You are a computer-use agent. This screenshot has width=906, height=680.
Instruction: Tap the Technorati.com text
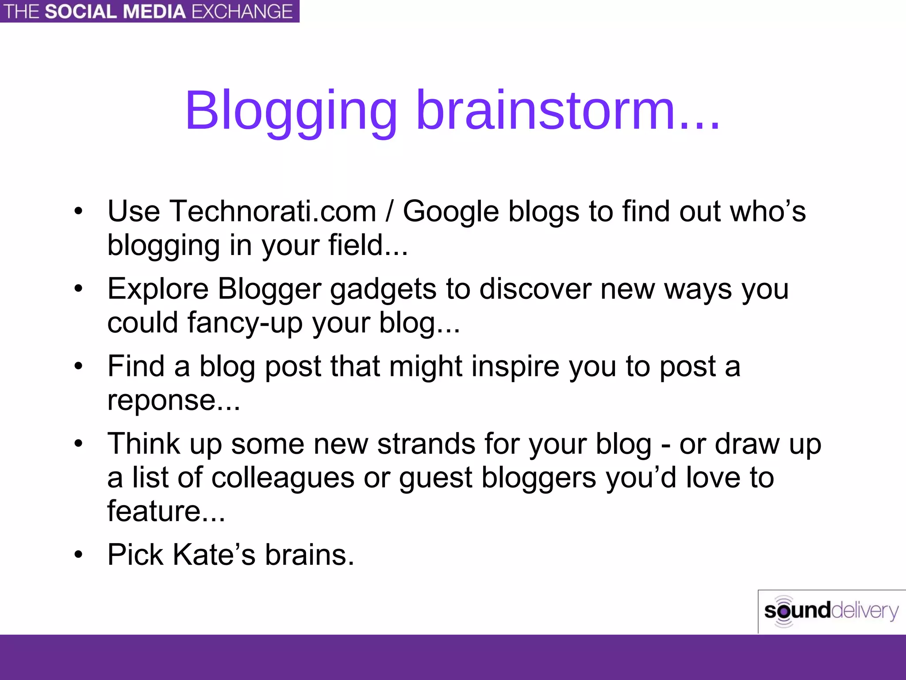point(273,211)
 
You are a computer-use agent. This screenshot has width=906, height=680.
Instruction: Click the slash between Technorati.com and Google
point(389,212)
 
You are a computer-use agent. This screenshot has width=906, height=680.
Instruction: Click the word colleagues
point(283,478)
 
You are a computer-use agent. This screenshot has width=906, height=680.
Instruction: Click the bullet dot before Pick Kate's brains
point(78,555)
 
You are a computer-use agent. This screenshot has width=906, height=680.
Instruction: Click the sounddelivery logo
point(831,611)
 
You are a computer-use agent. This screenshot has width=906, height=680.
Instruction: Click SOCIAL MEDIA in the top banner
point(115,12)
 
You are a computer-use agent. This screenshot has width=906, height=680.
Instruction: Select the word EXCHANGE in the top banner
point(242,12)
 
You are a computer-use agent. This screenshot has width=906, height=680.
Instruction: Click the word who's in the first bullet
point(768,211)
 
